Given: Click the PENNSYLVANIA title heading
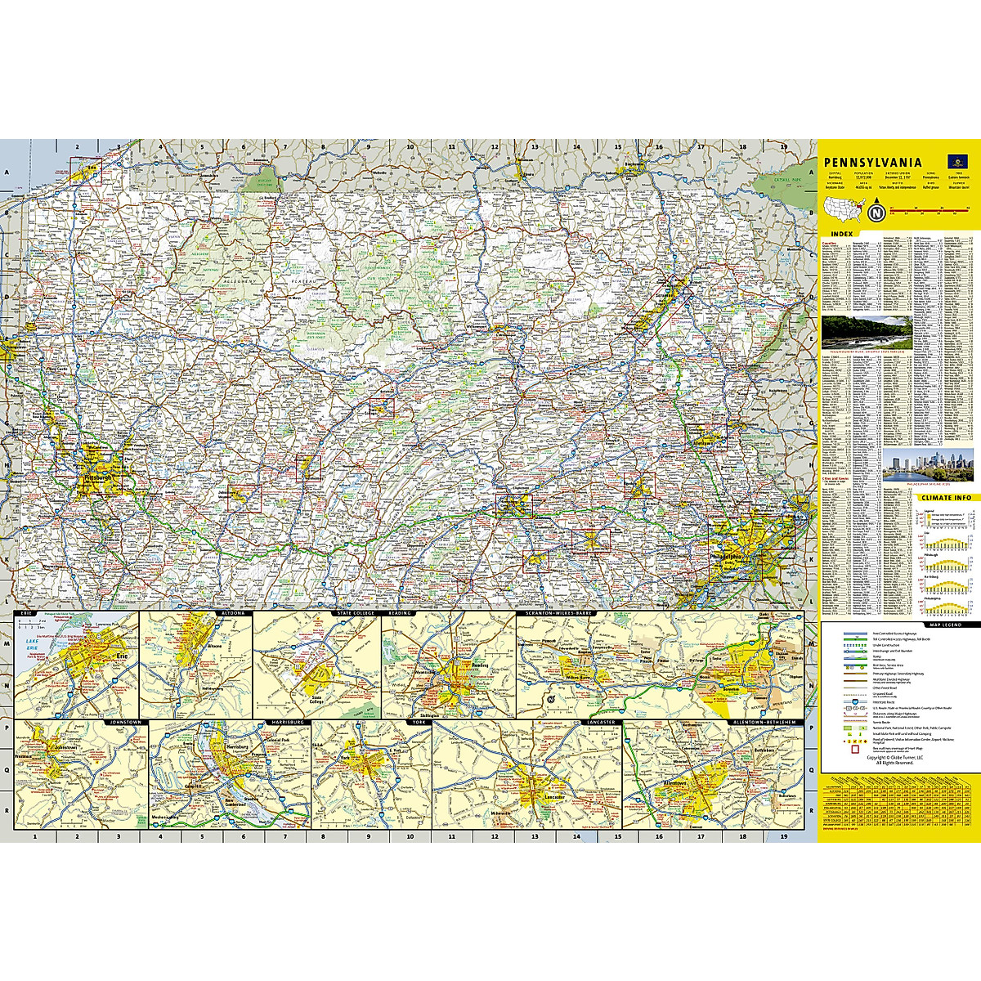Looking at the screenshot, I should click(872, 163).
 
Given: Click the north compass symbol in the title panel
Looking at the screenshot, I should click(876, 215).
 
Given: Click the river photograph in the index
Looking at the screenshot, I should click(866, 334).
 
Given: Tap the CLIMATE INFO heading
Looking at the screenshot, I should click(945, 497).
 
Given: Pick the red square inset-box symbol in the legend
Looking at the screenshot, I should click(855, 748).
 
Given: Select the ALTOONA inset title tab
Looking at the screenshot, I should click(231, 612).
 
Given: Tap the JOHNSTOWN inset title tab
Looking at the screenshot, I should click(125, 723).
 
